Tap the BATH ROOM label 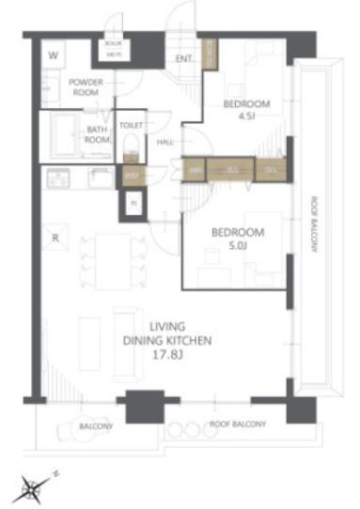click(x=97, y=135)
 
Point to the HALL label click(x=165, y=142)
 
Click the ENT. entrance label click(x=184, y=59)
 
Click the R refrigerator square click(x=56, y=239)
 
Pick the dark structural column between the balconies click(x=145, y=406)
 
